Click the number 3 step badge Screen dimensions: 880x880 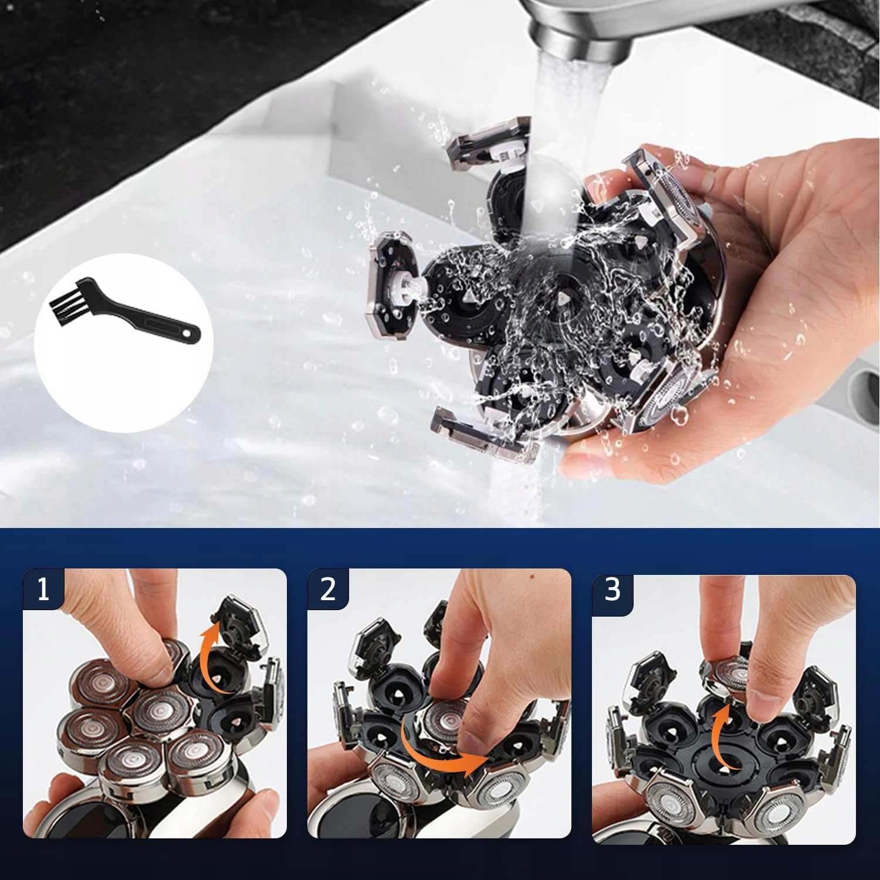[x=612, y=591]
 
